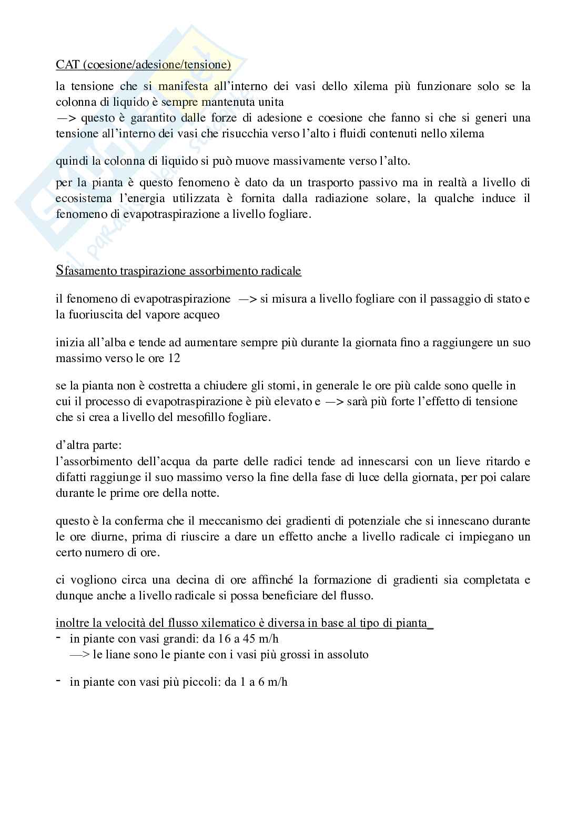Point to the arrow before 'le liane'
pyautogui.click(x=79, y=655)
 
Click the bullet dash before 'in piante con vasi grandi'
pyautogui.click(x=58, y=637)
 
